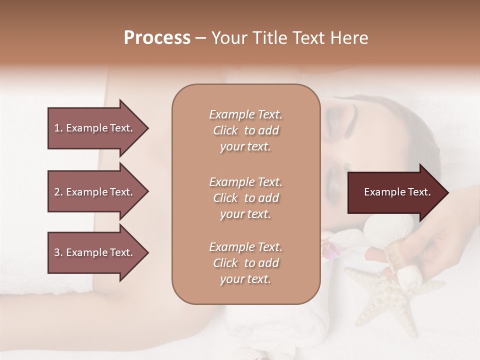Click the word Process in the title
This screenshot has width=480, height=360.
pos(157,38)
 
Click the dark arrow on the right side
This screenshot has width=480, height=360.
pos(395,192)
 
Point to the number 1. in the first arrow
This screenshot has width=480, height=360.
pos(58,128)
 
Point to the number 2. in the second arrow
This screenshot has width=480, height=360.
pos(58,192)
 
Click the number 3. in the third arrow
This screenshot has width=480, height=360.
pos(58,252)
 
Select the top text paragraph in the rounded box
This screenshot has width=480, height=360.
pos(245,130)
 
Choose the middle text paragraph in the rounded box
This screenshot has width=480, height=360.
pos(245,198)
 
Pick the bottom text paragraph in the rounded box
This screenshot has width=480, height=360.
pos(245,263)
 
